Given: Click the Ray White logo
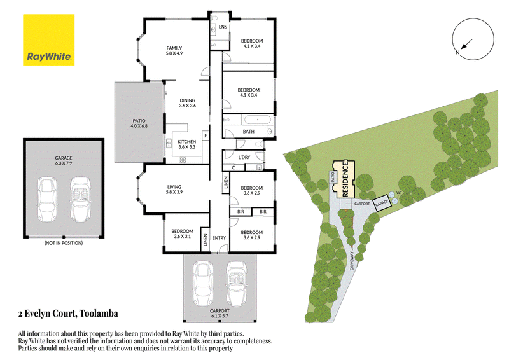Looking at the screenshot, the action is (49, 39).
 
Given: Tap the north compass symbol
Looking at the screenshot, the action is (473, 39).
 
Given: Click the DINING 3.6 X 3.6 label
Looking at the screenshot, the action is (187, 103).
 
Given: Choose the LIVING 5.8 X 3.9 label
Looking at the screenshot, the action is (174, 190).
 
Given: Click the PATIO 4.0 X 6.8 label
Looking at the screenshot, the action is (139, 123).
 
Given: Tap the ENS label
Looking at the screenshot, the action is (223, 27).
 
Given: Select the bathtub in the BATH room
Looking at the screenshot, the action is (258, 120).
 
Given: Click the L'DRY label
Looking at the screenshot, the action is (244, 157).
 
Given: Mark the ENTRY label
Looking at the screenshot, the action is (219, 238).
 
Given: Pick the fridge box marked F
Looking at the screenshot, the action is (206, 136).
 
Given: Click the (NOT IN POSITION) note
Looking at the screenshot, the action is (64, 243).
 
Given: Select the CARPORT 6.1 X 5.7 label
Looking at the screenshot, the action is (220, 313).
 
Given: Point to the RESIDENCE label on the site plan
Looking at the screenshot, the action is (345, 179).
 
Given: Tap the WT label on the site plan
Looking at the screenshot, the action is (400, 193).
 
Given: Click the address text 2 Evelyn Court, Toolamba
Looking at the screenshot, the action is (68, 314).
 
